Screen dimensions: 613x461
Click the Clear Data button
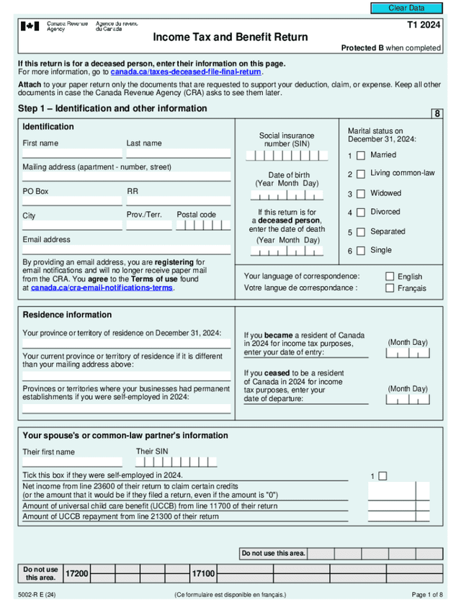tap(406, 8)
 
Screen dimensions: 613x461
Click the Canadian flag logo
tap(30, 27)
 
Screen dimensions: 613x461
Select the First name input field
tap(72, 153)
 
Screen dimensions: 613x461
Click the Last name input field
tap(179, 153)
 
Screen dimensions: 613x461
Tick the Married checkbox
tap(360, 156)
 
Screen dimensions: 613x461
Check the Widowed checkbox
tap(360, 194)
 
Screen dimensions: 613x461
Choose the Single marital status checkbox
tap(360, 251)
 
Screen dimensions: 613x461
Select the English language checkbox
tap(390, 277)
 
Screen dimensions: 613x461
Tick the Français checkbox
tap(390, 288)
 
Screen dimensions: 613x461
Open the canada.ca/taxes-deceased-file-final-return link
tap(186, 72)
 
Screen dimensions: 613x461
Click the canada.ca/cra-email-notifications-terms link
tap(102, 287)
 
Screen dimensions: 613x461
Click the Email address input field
tap(126, 249)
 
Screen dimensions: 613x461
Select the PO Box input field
tap(72, 201)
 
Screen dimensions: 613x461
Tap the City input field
tap(72, 225)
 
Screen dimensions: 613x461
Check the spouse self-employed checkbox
tap(382, 476)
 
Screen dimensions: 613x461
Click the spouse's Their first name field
tap(72, 462)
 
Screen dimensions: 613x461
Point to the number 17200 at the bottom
tap(76, 573)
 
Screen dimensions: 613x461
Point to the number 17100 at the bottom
tap(202, 573)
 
